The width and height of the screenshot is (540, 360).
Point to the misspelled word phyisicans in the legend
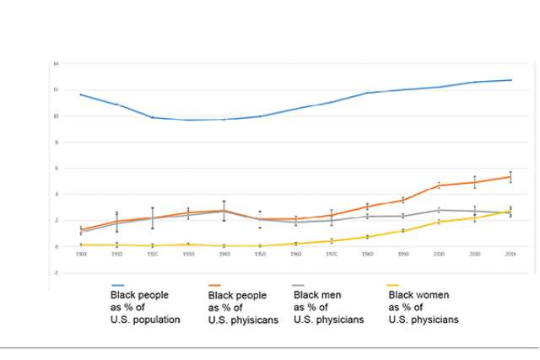click(254, 320)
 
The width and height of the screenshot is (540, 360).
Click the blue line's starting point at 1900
click(81, 94)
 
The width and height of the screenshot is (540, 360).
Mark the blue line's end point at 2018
click(510, 80)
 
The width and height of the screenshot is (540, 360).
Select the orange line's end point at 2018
click(510, 177)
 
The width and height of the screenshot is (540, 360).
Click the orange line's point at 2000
click(439, 185)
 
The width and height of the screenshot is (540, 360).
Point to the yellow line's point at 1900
click(81, 244)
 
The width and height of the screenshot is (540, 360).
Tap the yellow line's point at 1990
click(403, 230)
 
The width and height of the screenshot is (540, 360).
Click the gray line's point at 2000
click(439, 210)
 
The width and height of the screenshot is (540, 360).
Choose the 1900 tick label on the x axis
click(81, 253)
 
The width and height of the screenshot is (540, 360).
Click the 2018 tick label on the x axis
click(510, 253)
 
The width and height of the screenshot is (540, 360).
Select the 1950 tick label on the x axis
click(260, 253)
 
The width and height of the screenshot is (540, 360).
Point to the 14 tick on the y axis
click(56, 64)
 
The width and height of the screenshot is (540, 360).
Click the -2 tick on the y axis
click(56, 272)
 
